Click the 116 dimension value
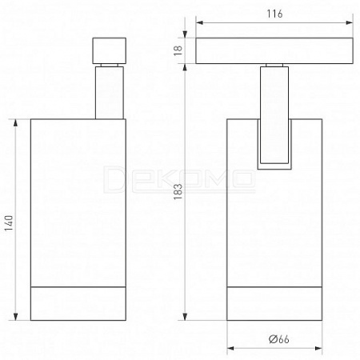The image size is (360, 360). coord(274,14)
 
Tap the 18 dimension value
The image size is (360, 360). coord(178,50)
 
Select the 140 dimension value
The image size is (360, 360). coord(9,223)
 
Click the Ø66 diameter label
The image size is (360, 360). coord(278,339)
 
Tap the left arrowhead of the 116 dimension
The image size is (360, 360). coord(199,22)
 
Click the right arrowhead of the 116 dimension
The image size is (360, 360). coord(350,22)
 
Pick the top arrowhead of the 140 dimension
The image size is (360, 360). coord(15,123)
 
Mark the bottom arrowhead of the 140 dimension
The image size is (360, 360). coord(15,317)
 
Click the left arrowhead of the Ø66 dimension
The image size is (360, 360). coord(230,348)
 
